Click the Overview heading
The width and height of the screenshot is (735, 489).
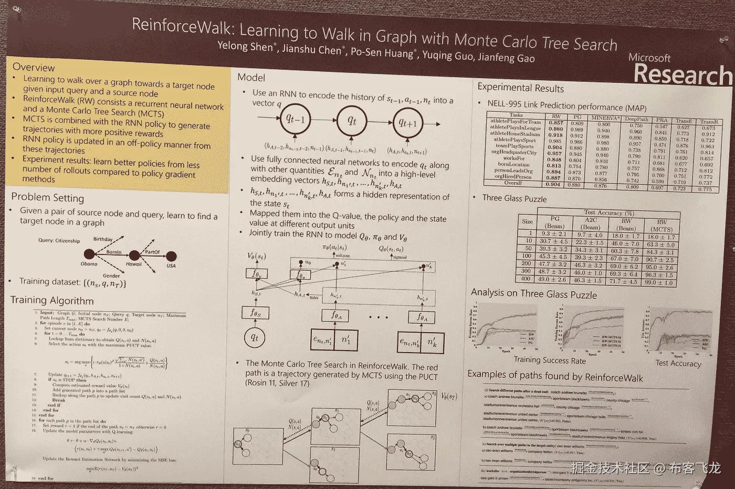pos(34,67)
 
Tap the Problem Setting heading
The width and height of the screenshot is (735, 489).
pos(47,198)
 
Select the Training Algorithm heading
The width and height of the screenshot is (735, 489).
pos(52,301)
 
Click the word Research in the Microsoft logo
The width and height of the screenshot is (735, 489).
pos(682,75)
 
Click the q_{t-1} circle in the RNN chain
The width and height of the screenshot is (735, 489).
pos(295,119)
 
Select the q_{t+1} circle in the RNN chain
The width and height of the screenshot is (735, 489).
pos(407,123)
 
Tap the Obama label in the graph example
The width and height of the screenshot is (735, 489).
pos(89,264)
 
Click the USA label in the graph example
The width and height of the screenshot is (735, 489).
pos(171,266)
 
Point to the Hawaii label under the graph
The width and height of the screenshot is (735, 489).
pos(133,264)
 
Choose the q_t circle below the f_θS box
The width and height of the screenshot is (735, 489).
pos(255,338)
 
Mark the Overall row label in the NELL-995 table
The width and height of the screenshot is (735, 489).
pos(513,183)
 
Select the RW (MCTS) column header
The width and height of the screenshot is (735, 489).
pos(661,226)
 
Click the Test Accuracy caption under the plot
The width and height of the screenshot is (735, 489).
pos(678,363)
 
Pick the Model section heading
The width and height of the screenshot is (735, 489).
pos(251,78)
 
